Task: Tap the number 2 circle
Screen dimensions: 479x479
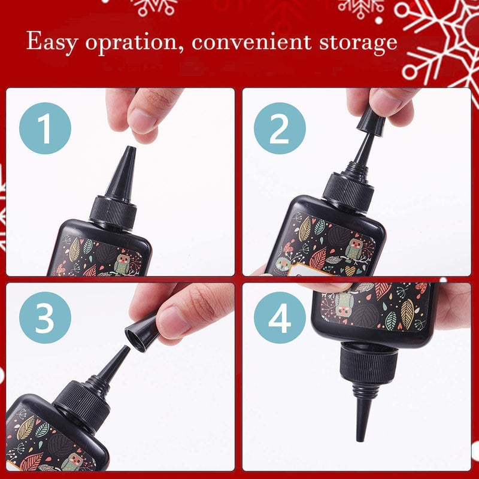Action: (280, 128)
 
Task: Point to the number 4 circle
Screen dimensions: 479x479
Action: (280, 320)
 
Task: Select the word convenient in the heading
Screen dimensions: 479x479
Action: (246, 43)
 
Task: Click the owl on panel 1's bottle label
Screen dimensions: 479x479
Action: (122, 263)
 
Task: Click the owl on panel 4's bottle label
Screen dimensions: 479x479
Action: (343, 302)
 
